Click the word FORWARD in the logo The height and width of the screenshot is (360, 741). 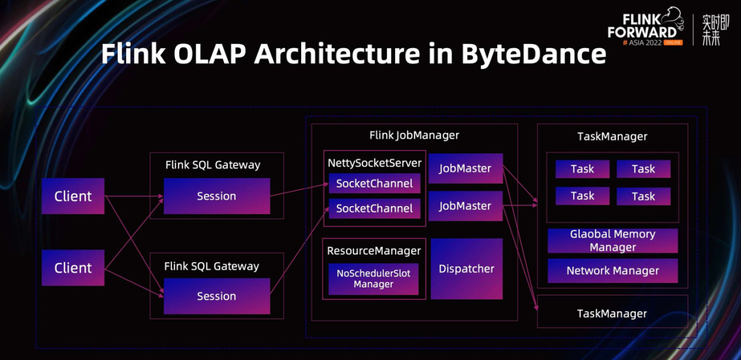[642, 32]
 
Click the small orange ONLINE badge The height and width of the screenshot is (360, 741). [672, 43]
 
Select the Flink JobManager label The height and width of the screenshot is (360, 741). [414, 135]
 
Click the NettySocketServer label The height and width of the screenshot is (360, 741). [374, 163]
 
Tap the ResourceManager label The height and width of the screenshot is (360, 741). [374, 251]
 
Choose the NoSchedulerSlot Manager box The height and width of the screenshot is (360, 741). [373, 278]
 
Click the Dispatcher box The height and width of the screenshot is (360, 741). [467, 269]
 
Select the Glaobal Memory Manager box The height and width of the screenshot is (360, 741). [613, 241]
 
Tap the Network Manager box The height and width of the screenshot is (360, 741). [613, 271]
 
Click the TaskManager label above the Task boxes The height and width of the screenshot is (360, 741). [612, 136]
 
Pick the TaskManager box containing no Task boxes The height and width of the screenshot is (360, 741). [612, 313]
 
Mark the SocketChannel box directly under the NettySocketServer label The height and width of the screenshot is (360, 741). [374, 184]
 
